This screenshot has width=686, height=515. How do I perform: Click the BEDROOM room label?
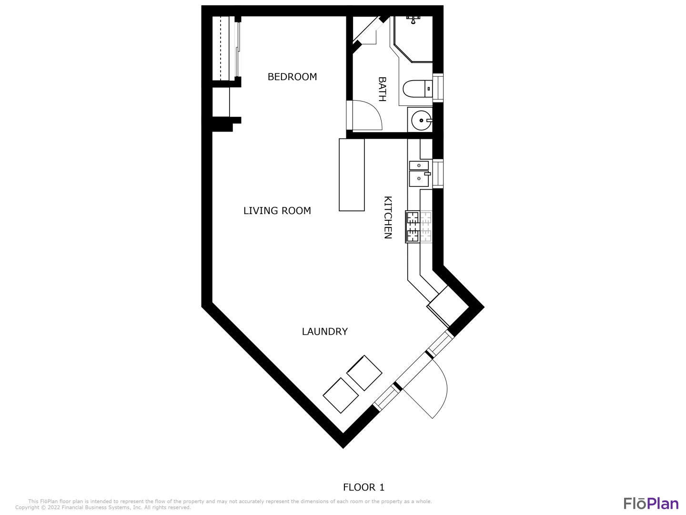click(292, 77)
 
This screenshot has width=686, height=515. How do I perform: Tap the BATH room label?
click(382, 89)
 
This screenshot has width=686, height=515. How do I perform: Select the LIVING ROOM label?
click(277, 211)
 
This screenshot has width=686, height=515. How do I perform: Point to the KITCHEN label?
click(388, 217)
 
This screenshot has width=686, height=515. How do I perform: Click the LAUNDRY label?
click(325, 331)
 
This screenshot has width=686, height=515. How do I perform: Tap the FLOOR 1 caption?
click(364, 487)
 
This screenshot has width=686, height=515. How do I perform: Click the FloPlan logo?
click(651, 504)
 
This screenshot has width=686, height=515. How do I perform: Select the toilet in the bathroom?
click(417, 89)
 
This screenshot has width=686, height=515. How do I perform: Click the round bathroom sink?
click(422, 120)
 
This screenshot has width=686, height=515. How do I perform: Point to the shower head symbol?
click(413, 20)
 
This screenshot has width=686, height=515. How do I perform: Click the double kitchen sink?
click(419, 174)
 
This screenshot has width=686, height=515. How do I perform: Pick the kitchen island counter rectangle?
click(352, 175)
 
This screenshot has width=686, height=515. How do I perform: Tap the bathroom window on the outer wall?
click(438, 88)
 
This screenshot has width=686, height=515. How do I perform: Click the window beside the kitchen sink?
click(438, 174)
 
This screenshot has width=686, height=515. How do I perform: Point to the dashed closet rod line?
click(221, 48)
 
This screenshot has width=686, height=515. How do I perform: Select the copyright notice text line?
click(103, 507)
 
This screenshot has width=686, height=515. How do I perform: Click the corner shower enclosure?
click(413, 39)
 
